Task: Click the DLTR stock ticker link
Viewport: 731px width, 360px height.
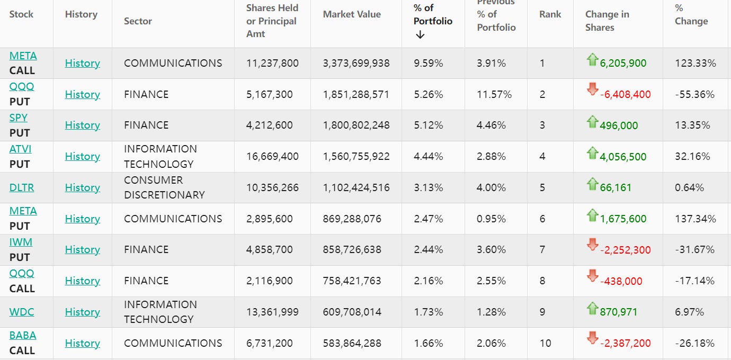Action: tap(21, 187)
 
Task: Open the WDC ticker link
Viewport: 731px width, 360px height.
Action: tap(22, 312)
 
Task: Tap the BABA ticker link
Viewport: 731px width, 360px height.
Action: tap(23, 335)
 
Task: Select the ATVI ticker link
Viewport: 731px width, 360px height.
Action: tap(21, 149)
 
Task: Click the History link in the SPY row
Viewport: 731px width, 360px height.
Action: tap(82, 125)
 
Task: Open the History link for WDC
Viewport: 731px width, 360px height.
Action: tap(82, 312)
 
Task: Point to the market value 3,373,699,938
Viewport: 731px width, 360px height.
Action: tap(356, 64)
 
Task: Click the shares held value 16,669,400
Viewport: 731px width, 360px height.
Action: tap(272, 157)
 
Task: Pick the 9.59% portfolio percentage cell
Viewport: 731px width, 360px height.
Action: tap(428, 64)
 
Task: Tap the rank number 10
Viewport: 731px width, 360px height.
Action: tap(546, 343)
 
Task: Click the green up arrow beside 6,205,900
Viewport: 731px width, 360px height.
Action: tap(592, 60)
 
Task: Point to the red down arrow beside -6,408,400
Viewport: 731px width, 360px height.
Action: tap(592, 89)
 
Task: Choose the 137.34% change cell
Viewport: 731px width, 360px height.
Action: tap(695, 219)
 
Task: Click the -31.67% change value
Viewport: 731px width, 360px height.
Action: tap(694, 250)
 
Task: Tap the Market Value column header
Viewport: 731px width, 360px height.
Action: tap(352, 15)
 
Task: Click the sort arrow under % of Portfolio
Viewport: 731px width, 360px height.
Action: tap(420, 35)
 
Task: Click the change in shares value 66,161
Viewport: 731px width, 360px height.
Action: tap(616, 188)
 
